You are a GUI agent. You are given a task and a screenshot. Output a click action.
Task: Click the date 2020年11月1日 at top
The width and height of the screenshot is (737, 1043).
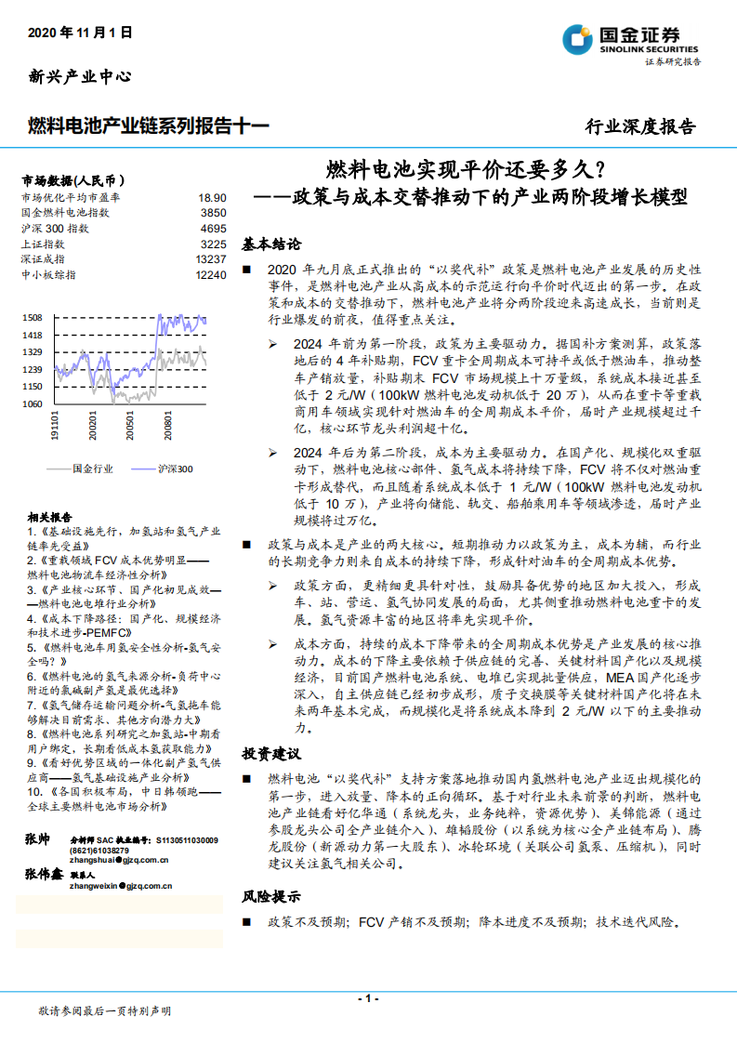81,32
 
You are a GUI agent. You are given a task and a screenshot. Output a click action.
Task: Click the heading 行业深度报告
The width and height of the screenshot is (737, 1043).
639,126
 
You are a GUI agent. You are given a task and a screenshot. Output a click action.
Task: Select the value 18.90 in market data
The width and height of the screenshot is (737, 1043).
212,198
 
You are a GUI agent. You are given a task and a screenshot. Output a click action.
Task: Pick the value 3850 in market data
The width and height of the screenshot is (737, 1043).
213,213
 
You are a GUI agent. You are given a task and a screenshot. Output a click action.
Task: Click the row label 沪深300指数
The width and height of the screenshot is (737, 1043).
55,228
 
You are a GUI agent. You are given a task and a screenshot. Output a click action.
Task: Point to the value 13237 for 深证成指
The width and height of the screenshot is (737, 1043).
211,258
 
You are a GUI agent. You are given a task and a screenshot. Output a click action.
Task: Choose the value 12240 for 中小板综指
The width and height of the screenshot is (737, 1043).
211,274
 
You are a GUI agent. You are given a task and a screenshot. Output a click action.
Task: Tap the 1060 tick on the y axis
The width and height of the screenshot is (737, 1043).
32,404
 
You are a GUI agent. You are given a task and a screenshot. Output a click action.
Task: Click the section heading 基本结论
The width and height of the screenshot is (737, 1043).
271,244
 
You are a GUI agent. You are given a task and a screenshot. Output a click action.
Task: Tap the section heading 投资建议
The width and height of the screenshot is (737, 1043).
271,752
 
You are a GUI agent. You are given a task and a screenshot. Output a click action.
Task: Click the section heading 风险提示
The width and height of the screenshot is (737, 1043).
271,898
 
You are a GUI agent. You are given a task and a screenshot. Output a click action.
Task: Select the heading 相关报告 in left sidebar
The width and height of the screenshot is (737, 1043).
45,517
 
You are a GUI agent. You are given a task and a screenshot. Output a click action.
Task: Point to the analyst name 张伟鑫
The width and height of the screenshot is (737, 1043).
44,875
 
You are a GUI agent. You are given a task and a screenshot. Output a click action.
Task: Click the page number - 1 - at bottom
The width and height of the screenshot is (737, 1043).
368,997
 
